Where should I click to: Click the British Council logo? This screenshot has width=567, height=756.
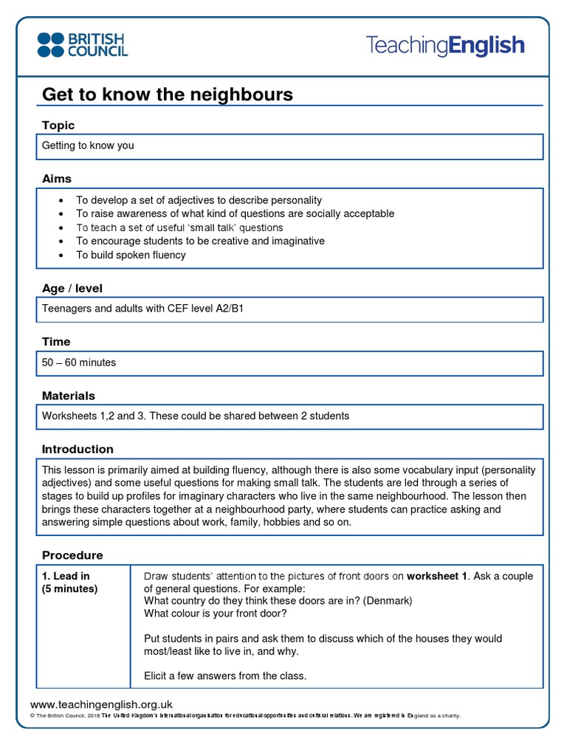coord(83,44)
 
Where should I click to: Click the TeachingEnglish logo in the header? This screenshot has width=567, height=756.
coord(445,46)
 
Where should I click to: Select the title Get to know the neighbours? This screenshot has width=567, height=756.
coord(168,94)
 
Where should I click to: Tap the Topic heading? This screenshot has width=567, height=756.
coord(58,126)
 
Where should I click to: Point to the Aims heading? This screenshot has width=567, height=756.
coord(57,179)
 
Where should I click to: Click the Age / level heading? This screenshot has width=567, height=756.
coord(72,288)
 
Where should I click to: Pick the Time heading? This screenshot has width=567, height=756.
coord(56,342)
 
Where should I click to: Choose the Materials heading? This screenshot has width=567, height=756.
coord(69,396)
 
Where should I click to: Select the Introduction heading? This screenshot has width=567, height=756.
coord(78,449)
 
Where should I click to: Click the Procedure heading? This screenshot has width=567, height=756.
coord(72,555)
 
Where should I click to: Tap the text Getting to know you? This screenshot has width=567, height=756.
coord(88,145)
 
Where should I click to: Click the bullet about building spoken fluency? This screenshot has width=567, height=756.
coord(131,255)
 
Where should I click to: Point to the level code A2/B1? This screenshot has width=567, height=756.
coord(228,309)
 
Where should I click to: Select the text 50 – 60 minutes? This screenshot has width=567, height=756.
coord(79,362)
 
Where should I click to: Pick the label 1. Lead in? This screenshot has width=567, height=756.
coord(66,576)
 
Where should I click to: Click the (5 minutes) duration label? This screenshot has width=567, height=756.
coord(69,588)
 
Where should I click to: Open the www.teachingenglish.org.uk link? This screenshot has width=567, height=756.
coord(101,704)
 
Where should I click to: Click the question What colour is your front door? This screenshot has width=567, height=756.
coord(216,614)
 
